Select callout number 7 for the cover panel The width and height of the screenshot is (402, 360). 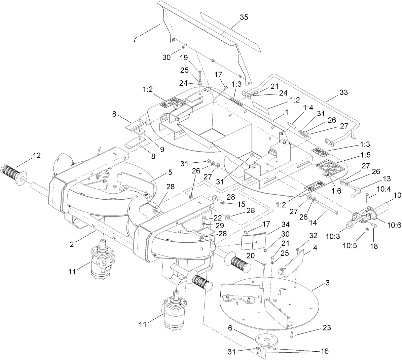click(x=135, y=39)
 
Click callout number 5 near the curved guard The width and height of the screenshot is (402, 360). click(x=170, y=172)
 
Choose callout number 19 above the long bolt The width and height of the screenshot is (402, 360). click(x=193, y=57)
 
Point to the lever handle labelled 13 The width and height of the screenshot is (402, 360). click(x=354, y=193)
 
